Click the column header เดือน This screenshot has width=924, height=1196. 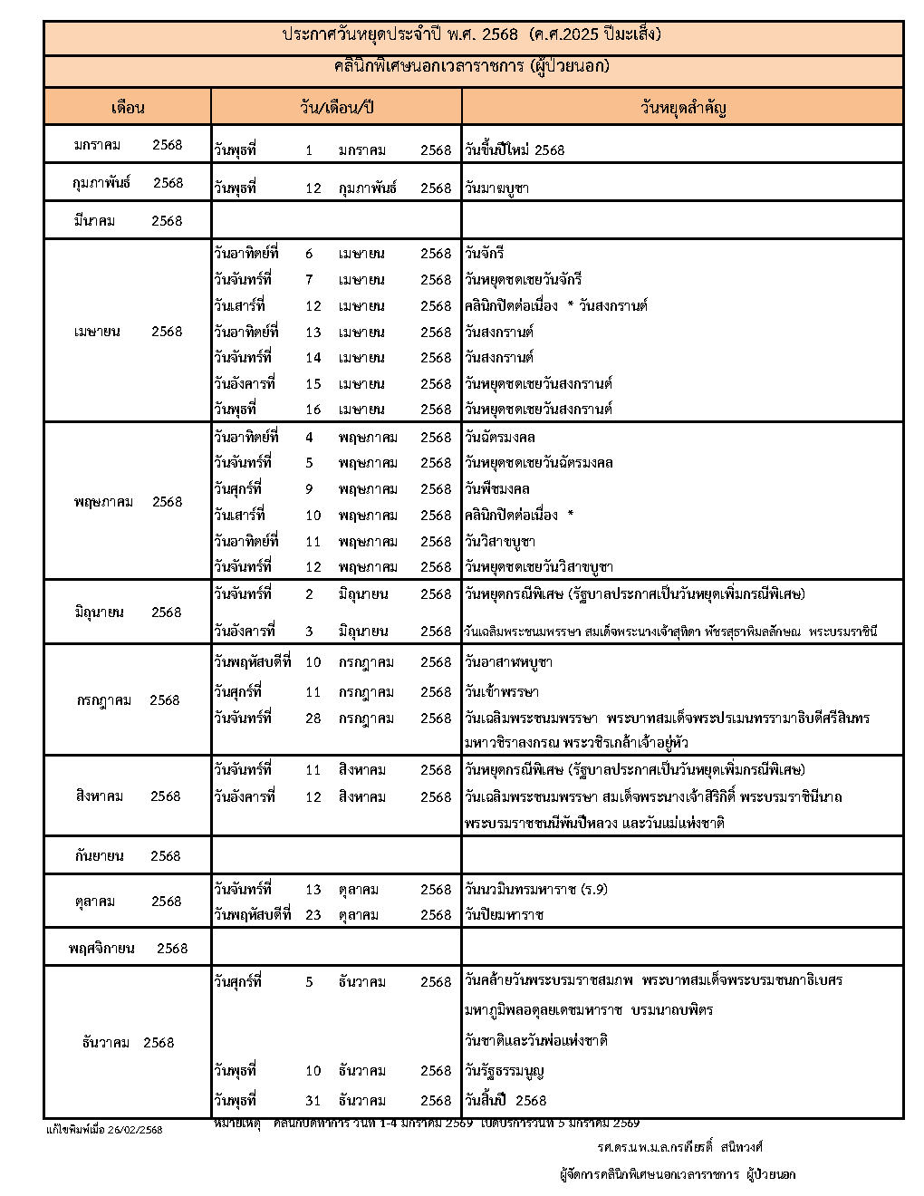click(x=128, y=107)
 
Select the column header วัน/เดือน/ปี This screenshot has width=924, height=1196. click(x=336, y=107)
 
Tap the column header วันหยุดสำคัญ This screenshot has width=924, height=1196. click(x=683, y=107)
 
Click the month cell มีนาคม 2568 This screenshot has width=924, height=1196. click(x=128, y=220)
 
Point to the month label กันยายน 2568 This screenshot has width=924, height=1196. click(x=128, y=855)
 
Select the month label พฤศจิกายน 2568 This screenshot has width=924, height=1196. click(x=128, y=948)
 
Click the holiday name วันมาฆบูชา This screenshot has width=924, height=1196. click(x=496, y=188)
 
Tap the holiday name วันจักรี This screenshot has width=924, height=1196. click(x=488, y=254)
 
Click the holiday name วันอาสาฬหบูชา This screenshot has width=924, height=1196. click(x=508, y=661)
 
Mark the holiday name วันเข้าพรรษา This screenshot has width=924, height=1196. click(x=502, y=691)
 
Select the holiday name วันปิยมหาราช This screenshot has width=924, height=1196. click(x=504, y=914)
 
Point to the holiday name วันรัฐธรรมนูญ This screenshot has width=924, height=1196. click(x=505, y=1070)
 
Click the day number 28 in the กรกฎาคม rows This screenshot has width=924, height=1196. click(x=313, y=718)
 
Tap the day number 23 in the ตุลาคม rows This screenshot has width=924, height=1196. click(x=313, y=914)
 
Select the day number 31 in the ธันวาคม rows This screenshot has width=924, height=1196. click(x=313, y=1100)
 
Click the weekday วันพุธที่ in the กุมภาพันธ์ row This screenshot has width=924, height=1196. click(x=236, y=188)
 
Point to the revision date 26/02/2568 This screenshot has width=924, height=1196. click(x=135, y=1130)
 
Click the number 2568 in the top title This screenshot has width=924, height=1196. click(x=501, y=34)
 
